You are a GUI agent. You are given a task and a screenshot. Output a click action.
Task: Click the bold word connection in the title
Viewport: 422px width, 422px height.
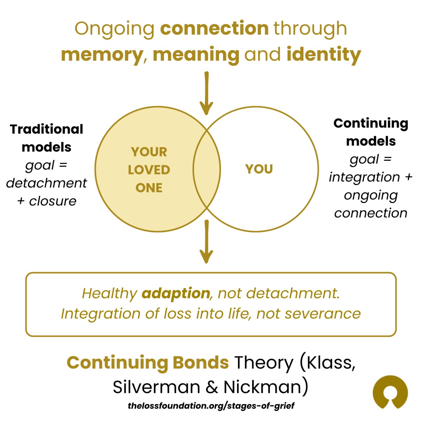[x=215, y=28]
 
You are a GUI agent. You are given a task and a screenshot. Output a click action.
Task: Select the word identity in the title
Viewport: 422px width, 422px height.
[x=324, y=55]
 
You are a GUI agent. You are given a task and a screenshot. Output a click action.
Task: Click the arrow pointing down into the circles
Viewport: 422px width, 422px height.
[x=206, y=93]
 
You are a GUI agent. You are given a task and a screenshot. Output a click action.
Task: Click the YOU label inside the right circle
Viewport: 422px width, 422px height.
[x=259, y=169]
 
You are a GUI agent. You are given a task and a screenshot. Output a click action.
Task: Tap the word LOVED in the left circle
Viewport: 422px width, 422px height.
[x=149, y=170]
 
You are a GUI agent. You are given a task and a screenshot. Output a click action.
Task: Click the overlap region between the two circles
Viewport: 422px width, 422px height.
[x=206, y=169]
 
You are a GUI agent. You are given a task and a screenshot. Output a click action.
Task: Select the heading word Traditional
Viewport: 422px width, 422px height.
[x=46, y=129]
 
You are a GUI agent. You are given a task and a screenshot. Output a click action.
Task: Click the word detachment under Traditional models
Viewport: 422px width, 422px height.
[x=46, y=183]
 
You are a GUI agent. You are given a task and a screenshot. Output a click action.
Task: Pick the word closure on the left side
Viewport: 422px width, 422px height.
[x=53, y=201]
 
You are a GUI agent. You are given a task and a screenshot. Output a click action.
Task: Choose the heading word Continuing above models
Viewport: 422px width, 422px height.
[x=371, y=123]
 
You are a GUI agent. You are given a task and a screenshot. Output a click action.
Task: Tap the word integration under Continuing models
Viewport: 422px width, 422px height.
[x=364, y=177]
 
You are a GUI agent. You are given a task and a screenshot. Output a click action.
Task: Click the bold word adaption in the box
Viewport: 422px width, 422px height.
[x=176, y=293]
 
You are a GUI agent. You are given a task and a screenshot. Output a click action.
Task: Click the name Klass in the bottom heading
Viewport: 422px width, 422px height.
[x=330, y=363]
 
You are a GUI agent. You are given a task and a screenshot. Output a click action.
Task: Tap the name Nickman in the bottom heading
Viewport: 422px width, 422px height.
[x=263, y=387]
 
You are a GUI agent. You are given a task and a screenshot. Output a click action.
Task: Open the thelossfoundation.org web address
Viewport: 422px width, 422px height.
[x=211, y=406]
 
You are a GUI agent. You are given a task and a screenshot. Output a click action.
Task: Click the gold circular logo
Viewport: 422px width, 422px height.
[x=390, y=393]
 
